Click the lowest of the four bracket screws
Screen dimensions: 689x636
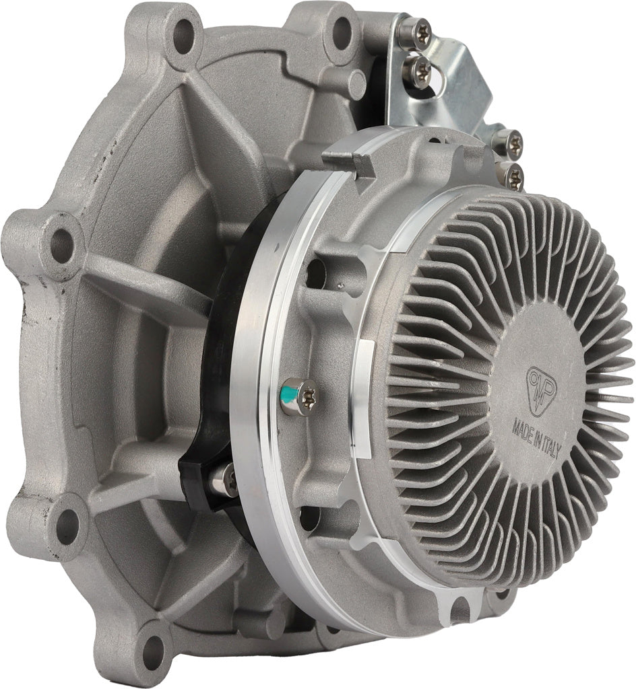pyautogui.click(x=513, y=176)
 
